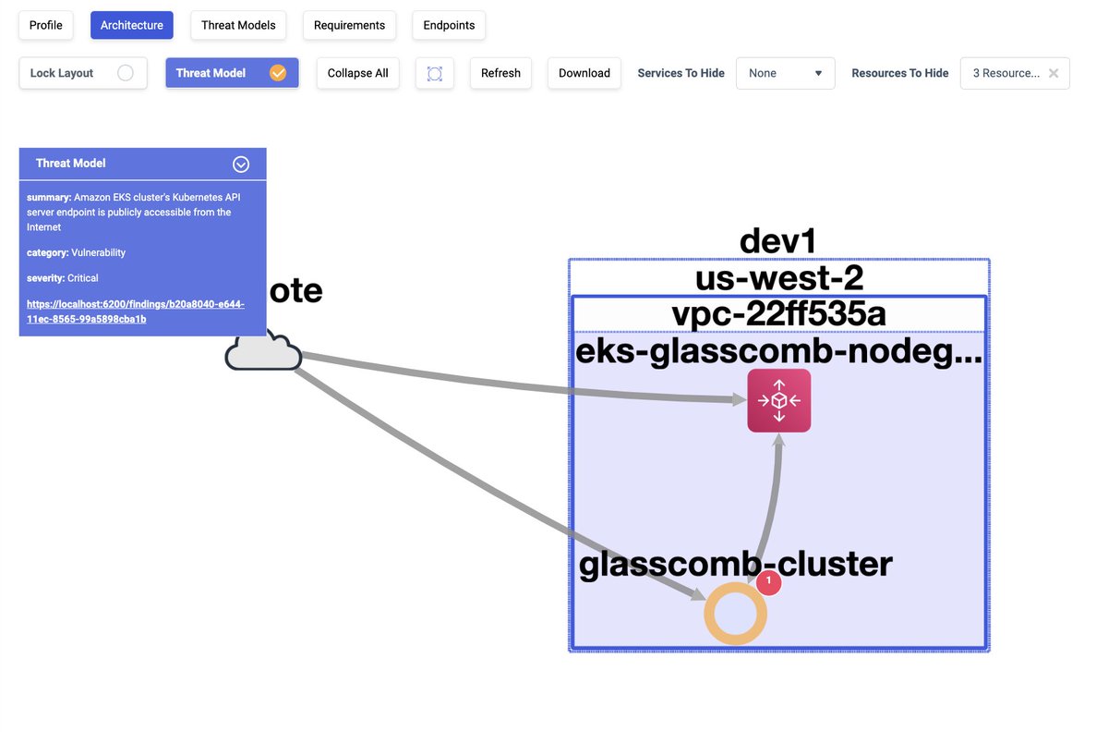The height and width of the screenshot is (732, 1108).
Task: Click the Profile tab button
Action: pos(46,25)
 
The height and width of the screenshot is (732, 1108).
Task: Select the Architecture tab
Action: pos(132,25)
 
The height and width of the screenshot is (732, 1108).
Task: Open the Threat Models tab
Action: pos(238,25)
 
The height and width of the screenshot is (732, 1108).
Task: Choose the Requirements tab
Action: pos(349,25)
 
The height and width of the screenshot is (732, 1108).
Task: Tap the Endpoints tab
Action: pos(449,25)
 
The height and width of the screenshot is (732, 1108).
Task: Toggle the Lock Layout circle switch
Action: pos(126,73)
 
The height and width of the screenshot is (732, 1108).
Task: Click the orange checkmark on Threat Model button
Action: pos(278,73)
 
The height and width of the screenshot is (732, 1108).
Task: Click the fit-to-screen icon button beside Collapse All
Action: pos(435,73)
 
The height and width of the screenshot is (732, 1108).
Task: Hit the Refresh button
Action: pos(500,73)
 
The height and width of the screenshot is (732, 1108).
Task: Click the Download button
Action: pos(584,73)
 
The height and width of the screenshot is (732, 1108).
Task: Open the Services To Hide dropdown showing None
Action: pos(786,73)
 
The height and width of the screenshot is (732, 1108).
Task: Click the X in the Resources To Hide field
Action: pos(1054,73)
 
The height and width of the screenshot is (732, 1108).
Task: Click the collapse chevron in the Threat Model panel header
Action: pos(241,164)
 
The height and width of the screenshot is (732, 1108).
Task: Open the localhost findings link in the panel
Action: pos(136,311)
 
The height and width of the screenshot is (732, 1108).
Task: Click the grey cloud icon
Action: pos(264,352)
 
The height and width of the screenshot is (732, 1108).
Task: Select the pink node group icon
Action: pos(779,400)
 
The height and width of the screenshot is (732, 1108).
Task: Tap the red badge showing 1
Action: pos(769,582)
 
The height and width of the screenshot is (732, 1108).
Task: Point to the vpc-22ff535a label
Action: pos(778,314)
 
